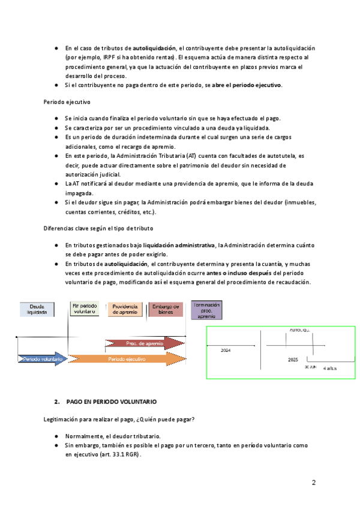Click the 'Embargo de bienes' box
[x=166, y=309]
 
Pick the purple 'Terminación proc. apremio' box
[x=206, y=310]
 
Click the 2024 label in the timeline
[x=225, y=349]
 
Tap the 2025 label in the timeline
[x=293, y=359]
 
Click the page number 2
[x=314, y=483]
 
